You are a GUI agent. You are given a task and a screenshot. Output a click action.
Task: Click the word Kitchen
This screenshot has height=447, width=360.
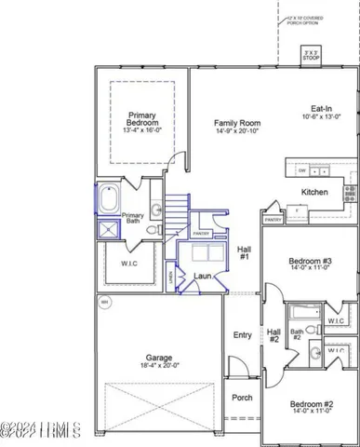(x=315, y=193)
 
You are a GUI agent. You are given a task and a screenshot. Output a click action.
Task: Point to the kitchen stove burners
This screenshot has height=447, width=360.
(x=350, y=194)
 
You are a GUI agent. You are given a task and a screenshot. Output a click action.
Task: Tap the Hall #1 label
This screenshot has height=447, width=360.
(x=244, y=254)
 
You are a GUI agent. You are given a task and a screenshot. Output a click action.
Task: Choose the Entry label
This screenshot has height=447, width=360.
(x=243, y=335)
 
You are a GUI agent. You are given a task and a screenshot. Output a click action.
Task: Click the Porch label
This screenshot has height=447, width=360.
(x=241, y=398)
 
